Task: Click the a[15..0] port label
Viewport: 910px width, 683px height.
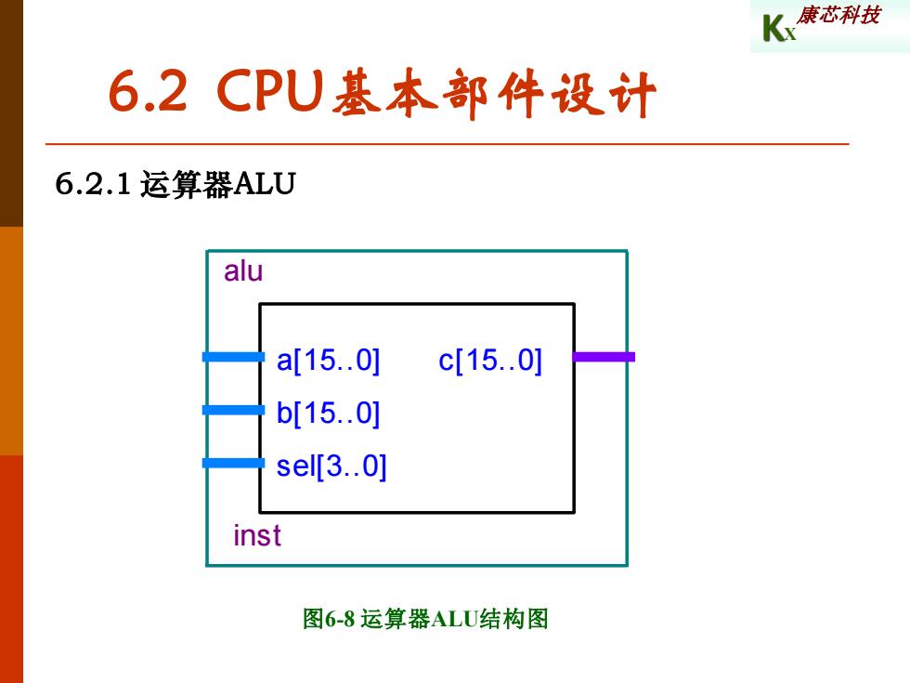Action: pos(328,361)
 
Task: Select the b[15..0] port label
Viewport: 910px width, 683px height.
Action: pos(328,414)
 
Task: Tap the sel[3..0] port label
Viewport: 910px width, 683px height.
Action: pos(331,466)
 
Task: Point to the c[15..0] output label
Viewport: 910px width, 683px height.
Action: pos(490,361)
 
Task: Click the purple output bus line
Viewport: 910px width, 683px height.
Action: pos(604,357)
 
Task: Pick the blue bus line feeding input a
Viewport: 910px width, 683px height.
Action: pos(233,357)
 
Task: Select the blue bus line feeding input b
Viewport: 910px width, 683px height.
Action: pos(233,410)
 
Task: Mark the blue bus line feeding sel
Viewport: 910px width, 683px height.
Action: pos(233,463)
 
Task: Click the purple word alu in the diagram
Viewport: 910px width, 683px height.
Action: pos(243,271)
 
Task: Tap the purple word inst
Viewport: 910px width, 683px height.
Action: pos(257,535)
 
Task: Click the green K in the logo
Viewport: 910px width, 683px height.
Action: pos(773,29)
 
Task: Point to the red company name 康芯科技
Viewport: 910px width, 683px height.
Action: pos(838,15)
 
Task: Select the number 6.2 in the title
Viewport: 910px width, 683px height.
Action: pos(149,91)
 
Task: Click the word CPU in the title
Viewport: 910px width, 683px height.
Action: pos(270,90)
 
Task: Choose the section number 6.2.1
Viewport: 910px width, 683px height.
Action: pos(93,184)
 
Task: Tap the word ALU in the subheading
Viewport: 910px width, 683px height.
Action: pos(265,184)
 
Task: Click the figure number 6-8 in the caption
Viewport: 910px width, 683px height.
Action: pos(340,619)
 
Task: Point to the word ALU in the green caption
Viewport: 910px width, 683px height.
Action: pos(454,619)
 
